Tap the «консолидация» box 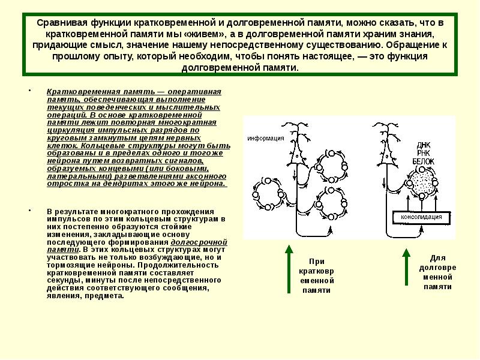418,217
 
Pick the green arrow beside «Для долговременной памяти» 406,264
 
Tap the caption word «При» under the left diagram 316,261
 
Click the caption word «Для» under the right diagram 438,257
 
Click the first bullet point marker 29,92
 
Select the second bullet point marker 29,212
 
